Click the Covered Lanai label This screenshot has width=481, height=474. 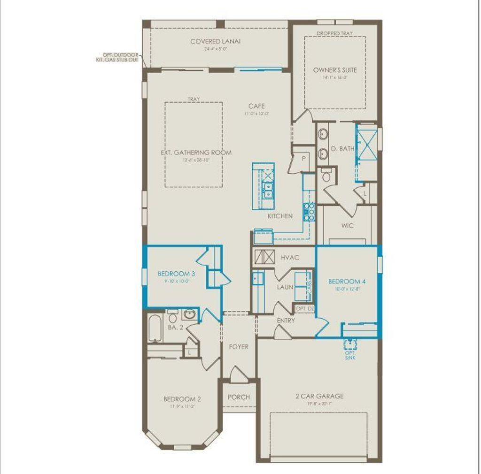click(x=216, y=41)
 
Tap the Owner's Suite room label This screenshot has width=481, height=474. click(x=335, y=70)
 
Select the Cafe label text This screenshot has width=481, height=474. click(x=257, y=106)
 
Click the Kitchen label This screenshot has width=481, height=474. click(x=280, y=216)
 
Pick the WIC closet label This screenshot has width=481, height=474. click(x=348, y=226)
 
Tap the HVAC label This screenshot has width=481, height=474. click(x=290, y=258)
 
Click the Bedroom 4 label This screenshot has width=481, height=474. click(x=347, y=282)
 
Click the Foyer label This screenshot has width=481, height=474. click(x=239, y=347)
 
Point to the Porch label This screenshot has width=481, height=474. click(x=239, y=397)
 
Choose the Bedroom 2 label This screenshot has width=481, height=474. click(x=182, y=399)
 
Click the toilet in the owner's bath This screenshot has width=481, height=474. click(x=326, y=176)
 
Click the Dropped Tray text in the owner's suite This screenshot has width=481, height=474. click(x=334, y=34)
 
